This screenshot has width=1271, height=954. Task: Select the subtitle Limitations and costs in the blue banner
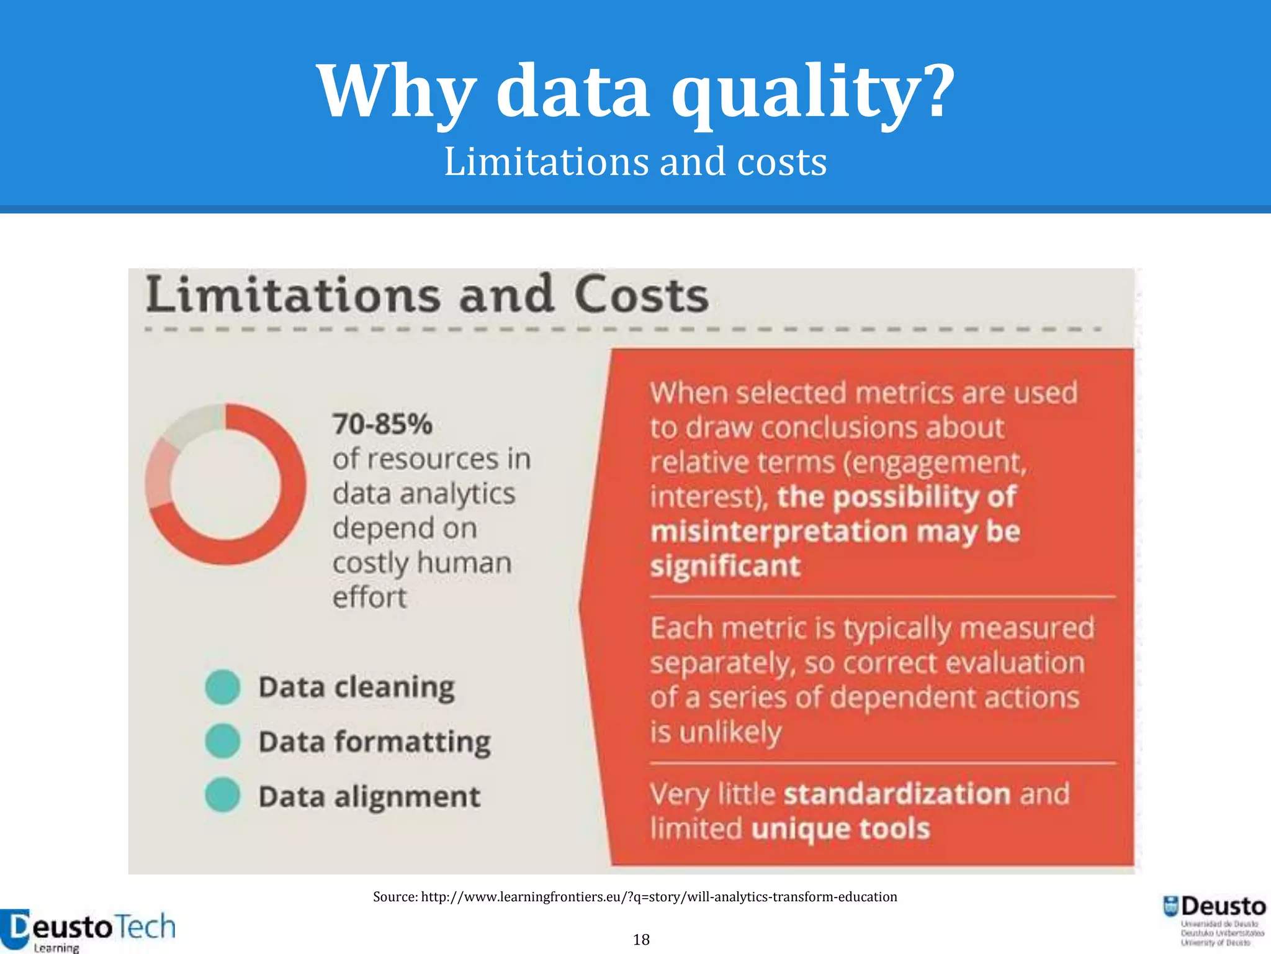[635, 161]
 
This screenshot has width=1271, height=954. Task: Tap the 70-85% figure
[382, 424]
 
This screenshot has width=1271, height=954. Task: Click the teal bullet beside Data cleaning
[223, 688]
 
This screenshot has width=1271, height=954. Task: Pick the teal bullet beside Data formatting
[223, 742]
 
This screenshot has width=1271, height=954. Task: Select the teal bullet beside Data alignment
[223, 796]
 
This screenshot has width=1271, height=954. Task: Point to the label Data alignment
[369, 797]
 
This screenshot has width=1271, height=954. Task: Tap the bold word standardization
[897, 794]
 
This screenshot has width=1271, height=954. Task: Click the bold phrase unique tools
[840, 829]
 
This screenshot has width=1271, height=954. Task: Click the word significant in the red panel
[725, 566]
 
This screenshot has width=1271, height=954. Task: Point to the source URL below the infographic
[635, 896]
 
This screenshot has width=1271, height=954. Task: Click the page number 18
[641, 939]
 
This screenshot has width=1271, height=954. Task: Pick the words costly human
[422, 563]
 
